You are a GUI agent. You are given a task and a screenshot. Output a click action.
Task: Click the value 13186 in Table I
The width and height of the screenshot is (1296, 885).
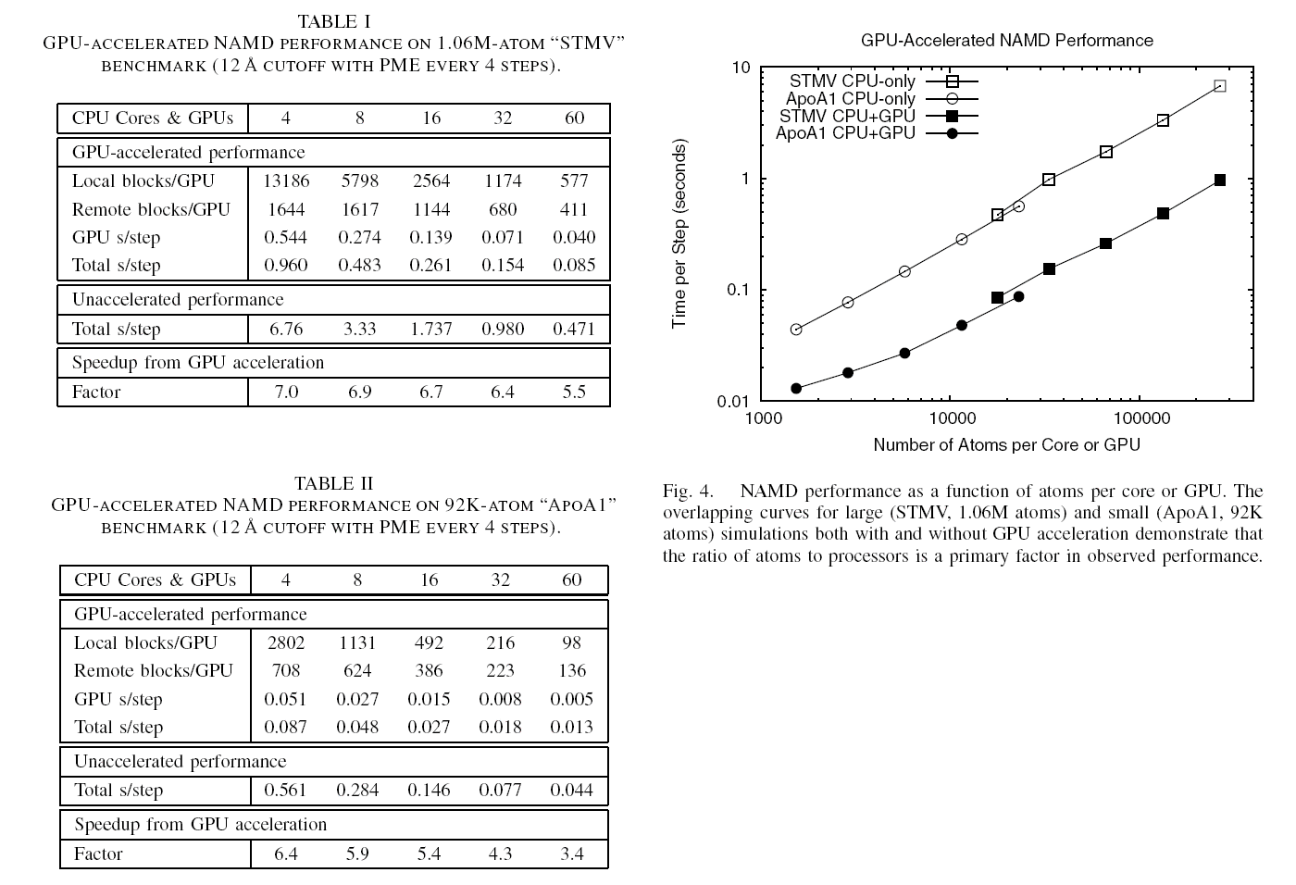[286, 181]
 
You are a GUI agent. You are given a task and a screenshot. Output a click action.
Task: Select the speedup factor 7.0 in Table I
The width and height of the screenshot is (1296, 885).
[286, 392]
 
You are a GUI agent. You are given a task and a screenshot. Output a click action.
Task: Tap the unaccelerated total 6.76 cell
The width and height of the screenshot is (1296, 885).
[286, 329]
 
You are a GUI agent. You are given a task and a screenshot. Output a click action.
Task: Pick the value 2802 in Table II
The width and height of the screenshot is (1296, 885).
[286, 642]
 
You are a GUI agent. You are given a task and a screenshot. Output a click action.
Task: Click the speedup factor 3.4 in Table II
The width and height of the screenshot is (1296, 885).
[572, 854]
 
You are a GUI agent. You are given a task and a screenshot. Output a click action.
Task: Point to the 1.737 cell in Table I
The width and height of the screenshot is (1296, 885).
[430, 329]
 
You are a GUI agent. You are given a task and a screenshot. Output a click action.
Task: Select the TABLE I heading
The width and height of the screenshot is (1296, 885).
[333, 20]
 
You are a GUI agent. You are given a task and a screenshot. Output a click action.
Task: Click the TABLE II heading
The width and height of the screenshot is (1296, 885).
[333, 483]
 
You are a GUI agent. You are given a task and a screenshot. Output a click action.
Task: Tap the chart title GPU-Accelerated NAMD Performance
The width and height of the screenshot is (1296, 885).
[1006, 41]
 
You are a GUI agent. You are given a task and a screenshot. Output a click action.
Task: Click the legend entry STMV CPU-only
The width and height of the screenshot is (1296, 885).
[852, 81]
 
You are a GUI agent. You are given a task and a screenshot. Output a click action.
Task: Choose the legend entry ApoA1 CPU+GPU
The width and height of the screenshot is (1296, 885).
[845, 133]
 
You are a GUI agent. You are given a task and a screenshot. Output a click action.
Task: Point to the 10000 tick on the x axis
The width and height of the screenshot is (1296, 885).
[951, 418]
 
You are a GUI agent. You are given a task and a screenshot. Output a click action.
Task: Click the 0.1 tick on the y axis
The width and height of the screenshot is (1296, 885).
[738, 290]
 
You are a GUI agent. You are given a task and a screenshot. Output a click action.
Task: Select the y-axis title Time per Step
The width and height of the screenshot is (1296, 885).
[679, 233]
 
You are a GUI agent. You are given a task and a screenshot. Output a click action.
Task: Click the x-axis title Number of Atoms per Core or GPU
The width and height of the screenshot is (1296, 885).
[1006, 445]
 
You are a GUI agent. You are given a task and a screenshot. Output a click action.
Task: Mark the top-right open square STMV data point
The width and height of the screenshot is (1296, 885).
[1220, 86]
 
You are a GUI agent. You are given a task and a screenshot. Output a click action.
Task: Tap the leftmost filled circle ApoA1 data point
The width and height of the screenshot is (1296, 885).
[796, 388]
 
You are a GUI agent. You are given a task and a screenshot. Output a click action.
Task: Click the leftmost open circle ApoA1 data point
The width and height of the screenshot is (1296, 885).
[796, 330]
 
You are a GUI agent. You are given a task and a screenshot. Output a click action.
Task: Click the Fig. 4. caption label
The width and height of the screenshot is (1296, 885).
[687, 491]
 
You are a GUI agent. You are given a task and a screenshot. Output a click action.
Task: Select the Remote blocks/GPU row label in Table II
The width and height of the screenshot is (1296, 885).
[154, 670]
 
